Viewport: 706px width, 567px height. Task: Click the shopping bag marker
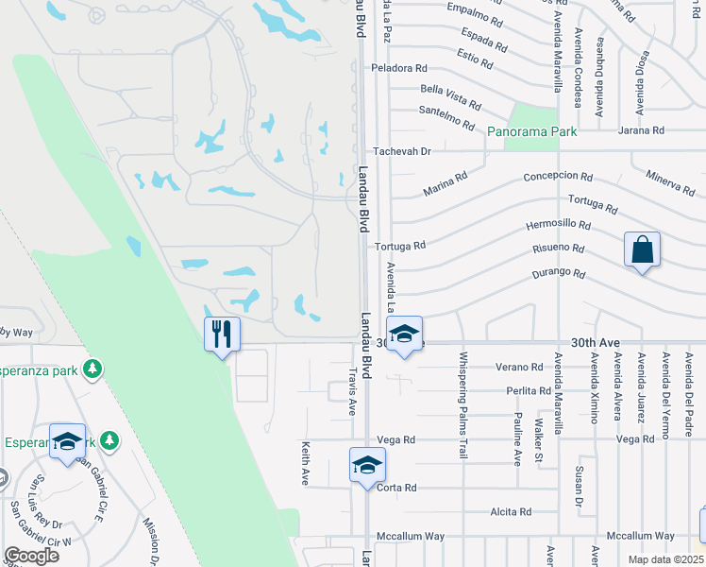pyautogui.click(x=642, y=250)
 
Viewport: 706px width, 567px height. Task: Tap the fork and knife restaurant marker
pyautogui.click(x=222, y=335)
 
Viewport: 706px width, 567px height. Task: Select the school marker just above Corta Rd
pyautogui.click(x=367, y=465)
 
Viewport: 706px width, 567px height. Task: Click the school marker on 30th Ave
pyautogui.click(x=404, y=335)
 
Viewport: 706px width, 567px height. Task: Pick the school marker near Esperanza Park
pyautogui.click(x=68, y=441)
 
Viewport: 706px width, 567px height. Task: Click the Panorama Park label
pyautogui.click(x=532, y=131)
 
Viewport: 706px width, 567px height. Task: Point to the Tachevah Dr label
pyautogui.click(x=401, y=151)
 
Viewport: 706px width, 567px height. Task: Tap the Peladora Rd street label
pyautogui.click(x=399, y=68)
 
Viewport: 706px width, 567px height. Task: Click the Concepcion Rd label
pyautogui.click(x=558, y=177)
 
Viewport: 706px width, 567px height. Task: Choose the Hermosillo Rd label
pyautogui.click(x=558, y=226)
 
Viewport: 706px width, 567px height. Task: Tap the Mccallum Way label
pyautogui.click(x=410, y=536)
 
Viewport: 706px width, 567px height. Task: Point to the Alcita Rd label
pyautogui.click(x=511, y=511)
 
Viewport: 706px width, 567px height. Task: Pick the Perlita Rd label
pyautogui.click(x=529, y=390)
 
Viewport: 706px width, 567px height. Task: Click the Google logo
pyautogui.click(x=31, y=555)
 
